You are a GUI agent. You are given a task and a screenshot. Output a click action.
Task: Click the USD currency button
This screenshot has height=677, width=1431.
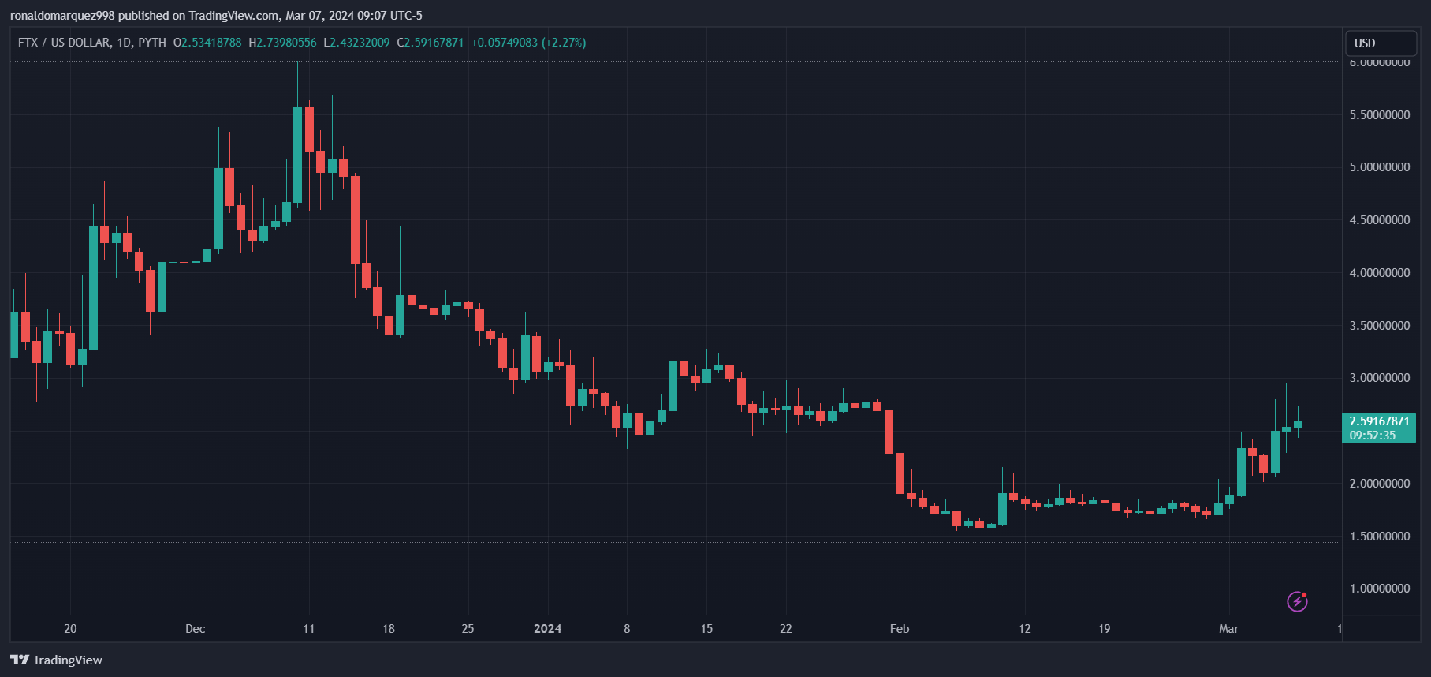1380,43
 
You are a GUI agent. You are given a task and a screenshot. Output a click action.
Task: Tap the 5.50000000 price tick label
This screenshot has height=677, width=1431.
1380,115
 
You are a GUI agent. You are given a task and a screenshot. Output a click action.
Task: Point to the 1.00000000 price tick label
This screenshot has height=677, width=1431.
1380,589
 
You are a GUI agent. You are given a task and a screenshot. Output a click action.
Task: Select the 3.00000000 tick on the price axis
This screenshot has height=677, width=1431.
1380,378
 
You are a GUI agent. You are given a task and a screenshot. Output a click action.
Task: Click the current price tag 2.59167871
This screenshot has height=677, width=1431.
1379,421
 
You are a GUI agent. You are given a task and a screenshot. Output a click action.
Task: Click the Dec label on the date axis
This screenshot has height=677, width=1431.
195,629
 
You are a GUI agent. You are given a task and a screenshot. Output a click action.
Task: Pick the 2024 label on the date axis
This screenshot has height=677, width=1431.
547,629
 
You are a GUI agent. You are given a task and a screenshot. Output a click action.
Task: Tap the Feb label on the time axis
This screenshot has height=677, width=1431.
900,629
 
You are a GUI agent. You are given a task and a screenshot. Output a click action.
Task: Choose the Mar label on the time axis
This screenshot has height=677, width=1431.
1228,629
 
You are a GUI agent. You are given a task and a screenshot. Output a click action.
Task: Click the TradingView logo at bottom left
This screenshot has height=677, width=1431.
57,660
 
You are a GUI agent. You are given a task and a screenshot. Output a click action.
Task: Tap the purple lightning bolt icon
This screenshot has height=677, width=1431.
1297,602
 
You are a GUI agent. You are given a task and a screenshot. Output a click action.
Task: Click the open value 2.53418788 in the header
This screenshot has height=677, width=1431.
211,43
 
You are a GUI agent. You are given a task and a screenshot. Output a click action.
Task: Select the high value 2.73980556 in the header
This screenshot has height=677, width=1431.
286,43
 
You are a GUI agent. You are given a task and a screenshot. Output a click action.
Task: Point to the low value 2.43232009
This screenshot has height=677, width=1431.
360,43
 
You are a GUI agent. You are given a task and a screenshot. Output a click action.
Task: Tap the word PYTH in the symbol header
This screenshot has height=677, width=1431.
152,43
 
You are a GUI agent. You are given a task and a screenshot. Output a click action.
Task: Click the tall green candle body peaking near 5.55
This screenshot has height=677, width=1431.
297,155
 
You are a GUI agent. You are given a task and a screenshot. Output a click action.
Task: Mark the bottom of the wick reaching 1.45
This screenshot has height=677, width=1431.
900,540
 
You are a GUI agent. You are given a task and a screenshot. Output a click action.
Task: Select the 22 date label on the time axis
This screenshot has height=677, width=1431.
785,629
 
